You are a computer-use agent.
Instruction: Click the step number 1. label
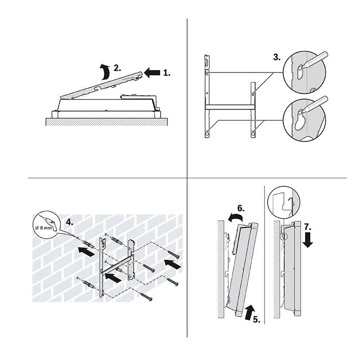pos(166,73)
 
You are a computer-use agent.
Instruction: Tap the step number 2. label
pos(117,68)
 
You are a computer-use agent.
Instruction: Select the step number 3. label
pos(277,57)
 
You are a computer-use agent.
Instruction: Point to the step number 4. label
pos(70,222)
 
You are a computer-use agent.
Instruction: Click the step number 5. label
pos(256,319)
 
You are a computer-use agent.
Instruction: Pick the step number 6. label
pos(241,208)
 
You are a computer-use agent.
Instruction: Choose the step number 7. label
pos(308,227)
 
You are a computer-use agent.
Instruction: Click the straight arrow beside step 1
pos(152,72)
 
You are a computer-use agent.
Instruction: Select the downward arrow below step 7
pos(308,240)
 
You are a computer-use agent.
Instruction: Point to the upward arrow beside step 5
pos(250,312)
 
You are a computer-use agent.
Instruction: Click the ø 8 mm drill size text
pos(44,228)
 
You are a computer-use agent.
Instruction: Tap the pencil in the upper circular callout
pos(315,60)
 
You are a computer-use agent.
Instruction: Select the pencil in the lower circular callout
pos(315,104)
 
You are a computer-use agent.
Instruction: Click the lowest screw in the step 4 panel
pos(146,297)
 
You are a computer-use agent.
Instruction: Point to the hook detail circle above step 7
pos(284,201)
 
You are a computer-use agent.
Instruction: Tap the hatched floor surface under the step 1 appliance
pos(107,121)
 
